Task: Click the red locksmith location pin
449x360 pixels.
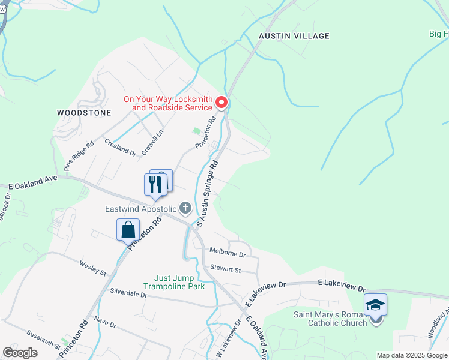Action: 221,103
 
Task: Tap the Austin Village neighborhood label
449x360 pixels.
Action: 294,36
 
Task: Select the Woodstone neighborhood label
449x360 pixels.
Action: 84,112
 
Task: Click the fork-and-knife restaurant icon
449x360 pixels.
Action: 153,184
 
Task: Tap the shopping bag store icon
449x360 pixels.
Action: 128,229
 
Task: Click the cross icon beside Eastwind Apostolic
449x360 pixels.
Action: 185,209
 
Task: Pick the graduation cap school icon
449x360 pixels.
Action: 375,305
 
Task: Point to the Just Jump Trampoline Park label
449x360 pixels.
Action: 179,282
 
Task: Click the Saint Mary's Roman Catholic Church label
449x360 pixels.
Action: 330,319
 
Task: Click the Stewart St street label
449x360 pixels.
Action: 224,269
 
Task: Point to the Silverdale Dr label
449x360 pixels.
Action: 128,293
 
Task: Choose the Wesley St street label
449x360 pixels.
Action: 93,268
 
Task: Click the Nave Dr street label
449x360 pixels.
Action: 105,323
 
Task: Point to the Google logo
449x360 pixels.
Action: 20,353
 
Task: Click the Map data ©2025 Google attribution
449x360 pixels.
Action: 412,355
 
